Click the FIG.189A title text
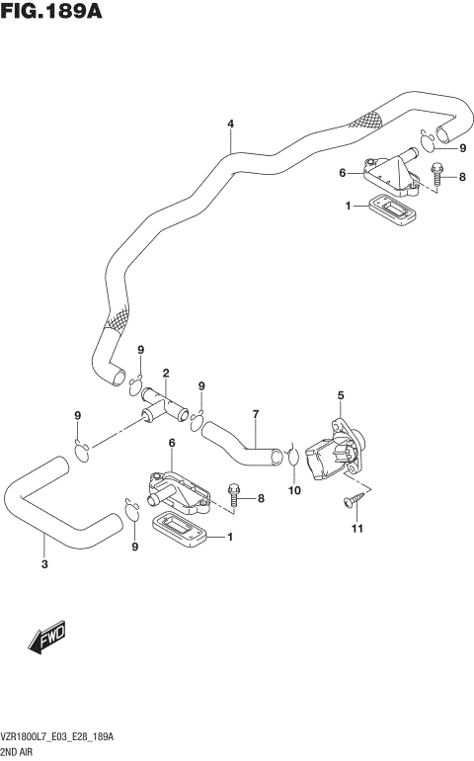(52, 13)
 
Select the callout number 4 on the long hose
(230, 125)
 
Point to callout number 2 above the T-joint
(167, 374)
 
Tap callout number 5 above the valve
(341, 396)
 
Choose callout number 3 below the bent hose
(43, 565)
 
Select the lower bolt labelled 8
(235, 493)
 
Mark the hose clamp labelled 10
(294, 457)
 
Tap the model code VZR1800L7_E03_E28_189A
(58, 738)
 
